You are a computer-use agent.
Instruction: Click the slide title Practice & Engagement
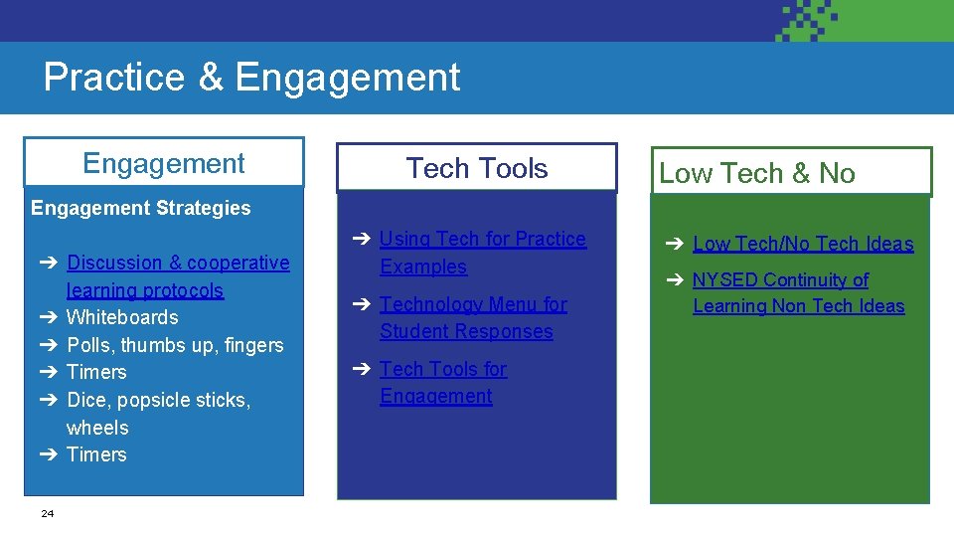(251, 78)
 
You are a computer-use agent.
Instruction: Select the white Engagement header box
(164, 163)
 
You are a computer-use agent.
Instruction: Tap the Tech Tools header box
(476, 168)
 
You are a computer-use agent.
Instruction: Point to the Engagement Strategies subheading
(141, 208)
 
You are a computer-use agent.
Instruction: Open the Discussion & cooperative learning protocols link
(177, 276)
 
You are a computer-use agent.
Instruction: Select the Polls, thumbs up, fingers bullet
(175, 345)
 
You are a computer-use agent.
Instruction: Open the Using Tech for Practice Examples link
(482, 253)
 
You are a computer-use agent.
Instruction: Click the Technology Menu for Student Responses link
(472, 317)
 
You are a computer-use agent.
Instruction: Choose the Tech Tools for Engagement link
(442, 382)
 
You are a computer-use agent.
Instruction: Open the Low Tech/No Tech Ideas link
(802, 244)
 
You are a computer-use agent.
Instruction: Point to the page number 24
(48, 513)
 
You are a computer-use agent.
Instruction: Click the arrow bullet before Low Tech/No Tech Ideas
(675, 244)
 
